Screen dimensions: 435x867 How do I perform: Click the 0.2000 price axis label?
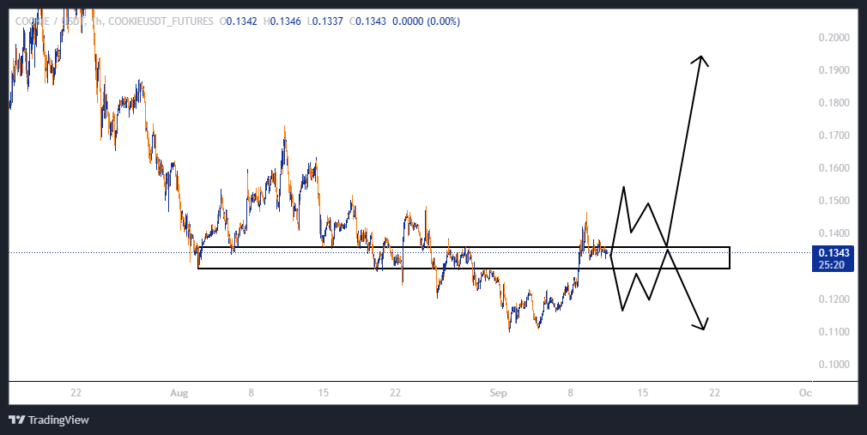(834, 38)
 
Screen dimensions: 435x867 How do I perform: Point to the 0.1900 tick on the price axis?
(834, 70)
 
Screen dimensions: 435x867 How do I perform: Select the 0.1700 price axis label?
(834, 136)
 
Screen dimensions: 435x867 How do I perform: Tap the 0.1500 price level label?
(834, 201)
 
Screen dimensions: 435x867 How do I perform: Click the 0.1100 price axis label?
(834, 332)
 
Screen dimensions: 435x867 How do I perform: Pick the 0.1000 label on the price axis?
(834, 365)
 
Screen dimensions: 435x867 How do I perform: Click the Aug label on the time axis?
(178, 393)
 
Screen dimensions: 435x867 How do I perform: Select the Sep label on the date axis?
(499, 393)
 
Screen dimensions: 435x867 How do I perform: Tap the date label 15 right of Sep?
(642, 393)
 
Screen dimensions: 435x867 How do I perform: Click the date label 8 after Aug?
(251, 393)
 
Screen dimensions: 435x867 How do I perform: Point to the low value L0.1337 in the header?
(326, 21)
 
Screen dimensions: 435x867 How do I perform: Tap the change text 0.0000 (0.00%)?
(426, 21)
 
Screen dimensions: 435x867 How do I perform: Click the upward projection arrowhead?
(702, 60)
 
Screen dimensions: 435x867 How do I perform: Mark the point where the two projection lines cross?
(668, 247)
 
